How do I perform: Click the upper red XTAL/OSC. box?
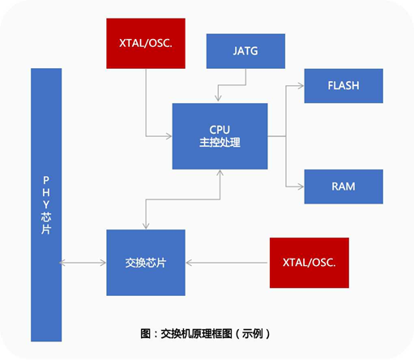point(146,42)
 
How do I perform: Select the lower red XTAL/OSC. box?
point(309,263)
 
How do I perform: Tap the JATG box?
point(245,50)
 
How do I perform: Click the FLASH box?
point(344,86)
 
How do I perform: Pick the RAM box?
point(344,186)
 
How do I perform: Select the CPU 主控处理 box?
point(220,136)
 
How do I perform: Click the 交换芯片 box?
point(146,263)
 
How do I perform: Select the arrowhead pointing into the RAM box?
point(300,186)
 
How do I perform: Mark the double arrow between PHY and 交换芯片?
point(84,263)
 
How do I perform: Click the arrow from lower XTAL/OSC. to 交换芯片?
point(228,263)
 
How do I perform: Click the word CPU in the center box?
point(220,129)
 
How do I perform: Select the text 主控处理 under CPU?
point(220,143)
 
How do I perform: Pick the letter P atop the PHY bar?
point(46,180)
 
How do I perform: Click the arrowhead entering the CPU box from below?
point(220,174)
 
